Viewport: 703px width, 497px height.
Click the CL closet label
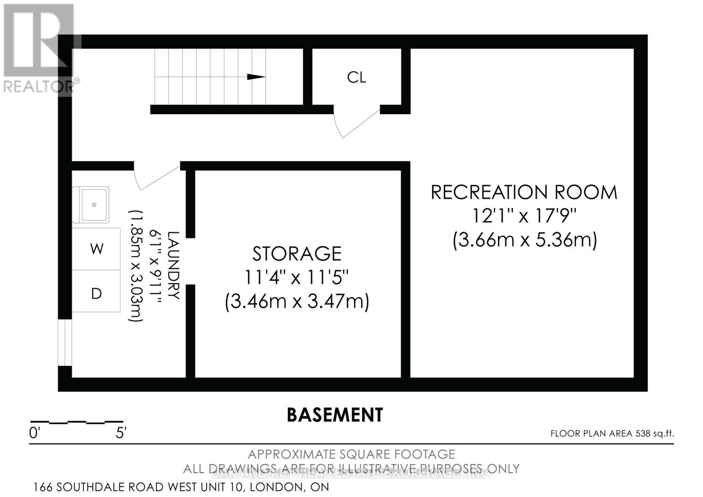pos(356,77)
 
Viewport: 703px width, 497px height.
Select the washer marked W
pos(97,249)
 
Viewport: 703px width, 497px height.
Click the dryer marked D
pos(97,294)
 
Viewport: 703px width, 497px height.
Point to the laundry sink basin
pos(94,205)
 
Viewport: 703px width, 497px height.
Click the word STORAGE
pos(297,254)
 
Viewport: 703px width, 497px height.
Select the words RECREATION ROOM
pos(524,192)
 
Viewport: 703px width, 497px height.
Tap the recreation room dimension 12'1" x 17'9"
pos(524,216)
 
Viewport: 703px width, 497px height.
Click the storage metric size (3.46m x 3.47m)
pos(297,302)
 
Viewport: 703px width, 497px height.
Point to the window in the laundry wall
pos(65,342)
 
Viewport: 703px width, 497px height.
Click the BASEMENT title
pos(335,415)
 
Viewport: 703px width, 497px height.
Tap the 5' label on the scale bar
pos(121,433)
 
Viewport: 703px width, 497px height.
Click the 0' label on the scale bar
pos(34,433)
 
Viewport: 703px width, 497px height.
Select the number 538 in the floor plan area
pos(642,434)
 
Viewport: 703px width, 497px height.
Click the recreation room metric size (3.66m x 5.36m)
pos(525,240)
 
